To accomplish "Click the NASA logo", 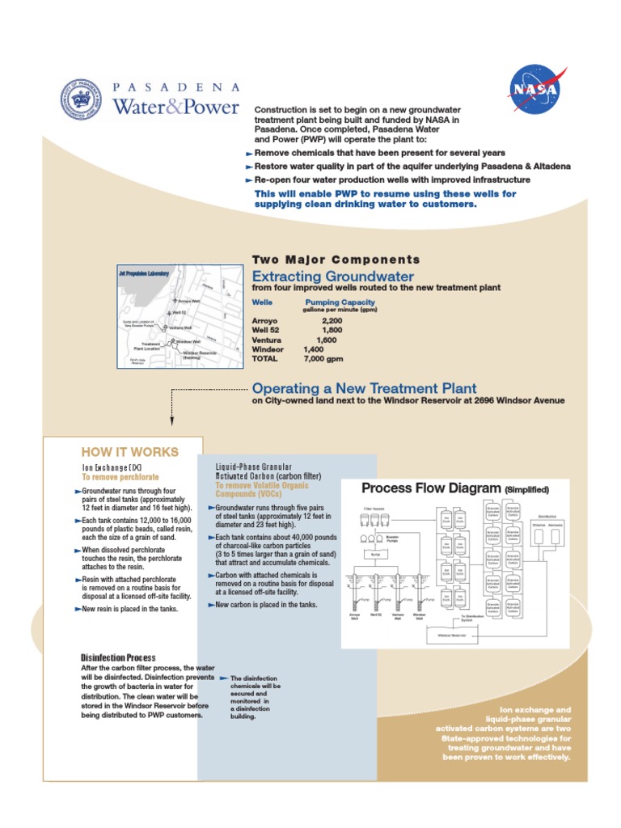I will click(x=537, y=90).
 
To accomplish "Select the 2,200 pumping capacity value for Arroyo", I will click(x=332, y=321).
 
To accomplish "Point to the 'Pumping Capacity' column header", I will click(x=339, y=302).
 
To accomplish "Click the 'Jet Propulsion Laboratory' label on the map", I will click(x=143, y=274).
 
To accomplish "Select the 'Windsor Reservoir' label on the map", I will click(x=199, y=353).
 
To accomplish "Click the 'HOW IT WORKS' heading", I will click(x=130, y=452).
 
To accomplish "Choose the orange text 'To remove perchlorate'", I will click(x=120, y=478).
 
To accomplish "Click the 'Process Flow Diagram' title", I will click(x=431, y=488).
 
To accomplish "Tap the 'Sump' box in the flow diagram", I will click(x=374, y=555).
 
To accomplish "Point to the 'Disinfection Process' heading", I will click(x=118, y=657).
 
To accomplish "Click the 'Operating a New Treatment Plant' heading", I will click(x=364, y=388).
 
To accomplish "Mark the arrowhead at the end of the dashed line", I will click(x=171, y=420).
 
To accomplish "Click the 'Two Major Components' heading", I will click(x=336, y=260).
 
